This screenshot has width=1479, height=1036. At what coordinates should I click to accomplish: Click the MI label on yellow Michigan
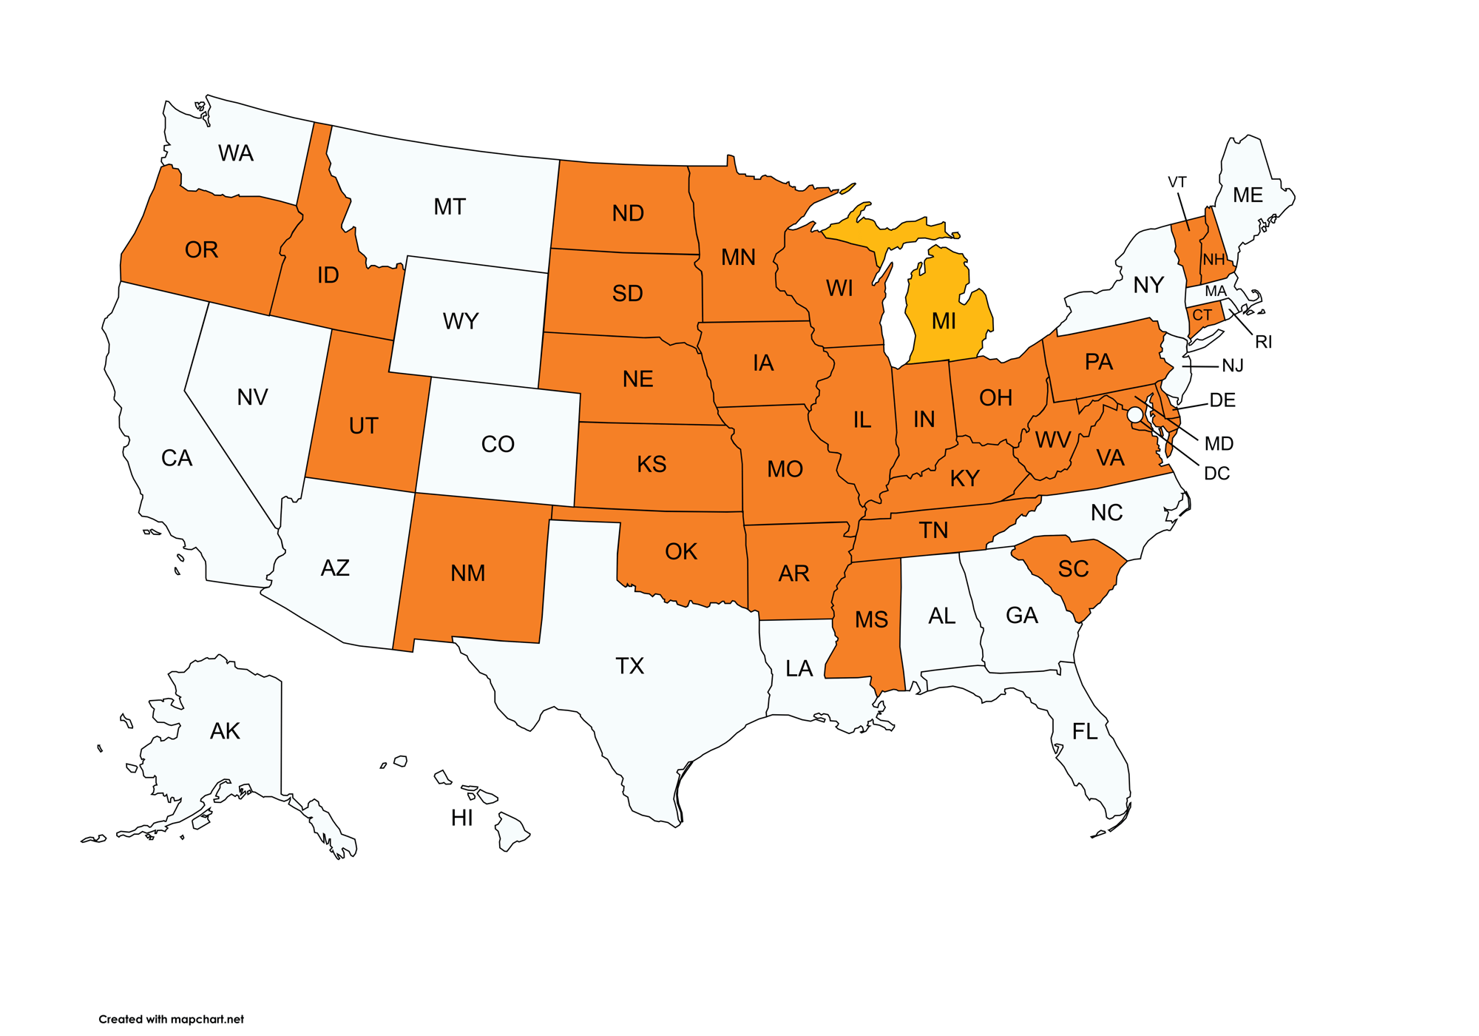(944, 321)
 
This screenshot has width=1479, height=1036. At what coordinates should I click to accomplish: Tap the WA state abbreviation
(236, 153)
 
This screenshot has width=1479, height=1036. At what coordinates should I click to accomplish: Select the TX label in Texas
(629, 666)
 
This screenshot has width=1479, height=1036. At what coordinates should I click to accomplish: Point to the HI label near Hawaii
(462, 818)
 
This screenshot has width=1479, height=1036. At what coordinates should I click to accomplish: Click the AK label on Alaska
(225, 731)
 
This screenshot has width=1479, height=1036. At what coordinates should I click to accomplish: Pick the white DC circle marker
(1134, 415)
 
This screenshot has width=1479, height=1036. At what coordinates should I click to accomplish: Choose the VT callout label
(1177, 182)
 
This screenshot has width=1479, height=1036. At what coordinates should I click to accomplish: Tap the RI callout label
(1263, 342)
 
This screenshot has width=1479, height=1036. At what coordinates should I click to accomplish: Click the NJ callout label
(1233, 366)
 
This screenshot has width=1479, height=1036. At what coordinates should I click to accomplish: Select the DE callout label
(1222, 400)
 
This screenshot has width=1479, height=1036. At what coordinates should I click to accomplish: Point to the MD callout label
(1219, 443)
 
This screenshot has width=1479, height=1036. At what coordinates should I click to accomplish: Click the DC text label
(1216, 474)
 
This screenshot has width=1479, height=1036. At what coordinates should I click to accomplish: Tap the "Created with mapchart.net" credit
(171, 1019)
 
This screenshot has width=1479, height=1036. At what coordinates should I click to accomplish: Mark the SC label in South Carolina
(1073, 569)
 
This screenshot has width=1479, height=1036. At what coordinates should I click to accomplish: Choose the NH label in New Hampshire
(1214, 260)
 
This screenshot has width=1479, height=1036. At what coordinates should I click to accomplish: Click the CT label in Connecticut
(1202, 315)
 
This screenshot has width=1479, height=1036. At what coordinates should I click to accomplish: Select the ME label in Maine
(1248, 195)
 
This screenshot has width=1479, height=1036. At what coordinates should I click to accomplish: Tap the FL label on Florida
(1085, 732)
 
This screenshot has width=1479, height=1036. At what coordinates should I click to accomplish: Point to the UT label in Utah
(363, 426)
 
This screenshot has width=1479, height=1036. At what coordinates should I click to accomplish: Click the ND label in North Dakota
(628, 214)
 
